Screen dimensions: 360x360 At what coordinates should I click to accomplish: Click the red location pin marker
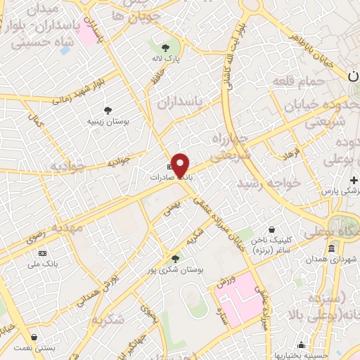click(181, 165)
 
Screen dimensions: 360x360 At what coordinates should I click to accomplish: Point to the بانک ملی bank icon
click(43, 253)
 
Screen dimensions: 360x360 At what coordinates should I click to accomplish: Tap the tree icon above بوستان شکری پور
click(175, 258)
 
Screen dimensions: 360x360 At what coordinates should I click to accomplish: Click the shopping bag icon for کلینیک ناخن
click(272, 229)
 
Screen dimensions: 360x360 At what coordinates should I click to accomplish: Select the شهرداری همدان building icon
click(331, 248)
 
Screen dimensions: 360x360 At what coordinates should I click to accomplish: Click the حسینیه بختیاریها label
click(302, 355)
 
